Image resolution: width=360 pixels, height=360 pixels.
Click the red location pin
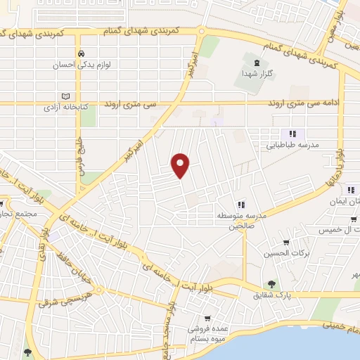pos(181,164)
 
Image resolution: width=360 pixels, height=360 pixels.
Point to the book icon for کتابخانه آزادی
pos(67,96)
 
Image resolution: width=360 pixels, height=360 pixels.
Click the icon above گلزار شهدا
pos(247,61)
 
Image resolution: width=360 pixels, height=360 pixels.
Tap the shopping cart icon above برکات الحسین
pos(285,240)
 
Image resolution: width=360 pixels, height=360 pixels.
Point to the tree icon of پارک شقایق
pos(271,284)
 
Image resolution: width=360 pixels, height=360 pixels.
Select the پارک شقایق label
pos(272,296)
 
